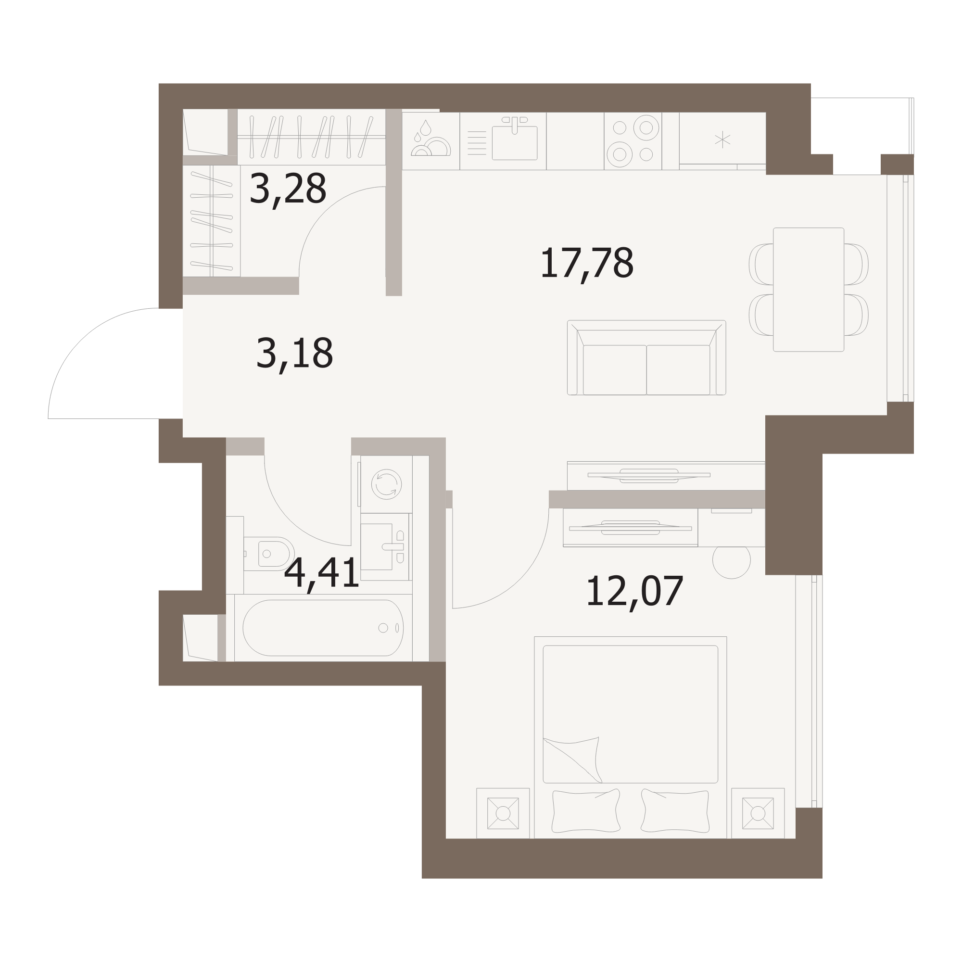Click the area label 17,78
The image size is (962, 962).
click(586, 264)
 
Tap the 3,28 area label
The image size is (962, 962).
click(288, 189)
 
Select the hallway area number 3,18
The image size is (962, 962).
click(294, 354)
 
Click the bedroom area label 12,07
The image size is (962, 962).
click(634, 592)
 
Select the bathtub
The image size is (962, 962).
click(323, 628)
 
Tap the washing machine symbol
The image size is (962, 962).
click(386, 484)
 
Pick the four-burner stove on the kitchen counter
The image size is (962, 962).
click(633, 141)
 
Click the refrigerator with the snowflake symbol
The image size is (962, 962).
click(722, 141)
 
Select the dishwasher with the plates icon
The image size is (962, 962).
click(430, 141)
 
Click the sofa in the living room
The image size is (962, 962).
click(646, 357)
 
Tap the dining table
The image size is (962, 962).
click(808, 290)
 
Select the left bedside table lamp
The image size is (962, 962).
click(503, 813)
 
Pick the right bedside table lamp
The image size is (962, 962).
click(758, 813)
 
